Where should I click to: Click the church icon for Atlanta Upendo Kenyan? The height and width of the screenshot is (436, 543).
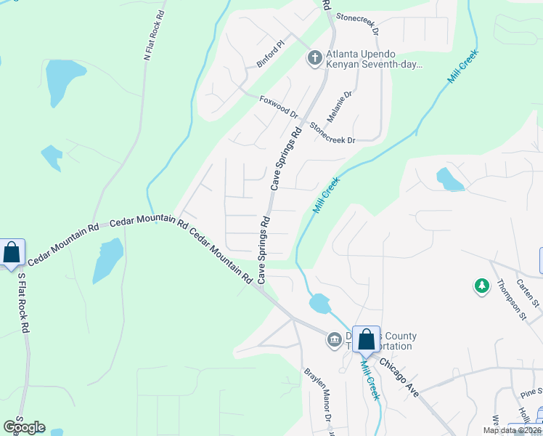(314, 57)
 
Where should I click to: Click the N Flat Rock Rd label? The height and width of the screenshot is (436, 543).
(153, 35)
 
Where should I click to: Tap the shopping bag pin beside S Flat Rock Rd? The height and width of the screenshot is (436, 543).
(12, 253)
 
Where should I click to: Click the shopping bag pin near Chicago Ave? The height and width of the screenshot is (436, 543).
(367, 339)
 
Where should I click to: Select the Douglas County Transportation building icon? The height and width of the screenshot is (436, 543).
(335, 339)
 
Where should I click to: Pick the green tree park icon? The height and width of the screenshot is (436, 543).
(481, 286)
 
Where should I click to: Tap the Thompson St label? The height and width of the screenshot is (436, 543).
(513, 300)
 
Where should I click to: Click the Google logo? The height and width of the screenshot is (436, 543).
(24, 427)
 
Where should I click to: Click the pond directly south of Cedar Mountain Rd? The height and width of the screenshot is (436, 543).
(108, 259)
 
